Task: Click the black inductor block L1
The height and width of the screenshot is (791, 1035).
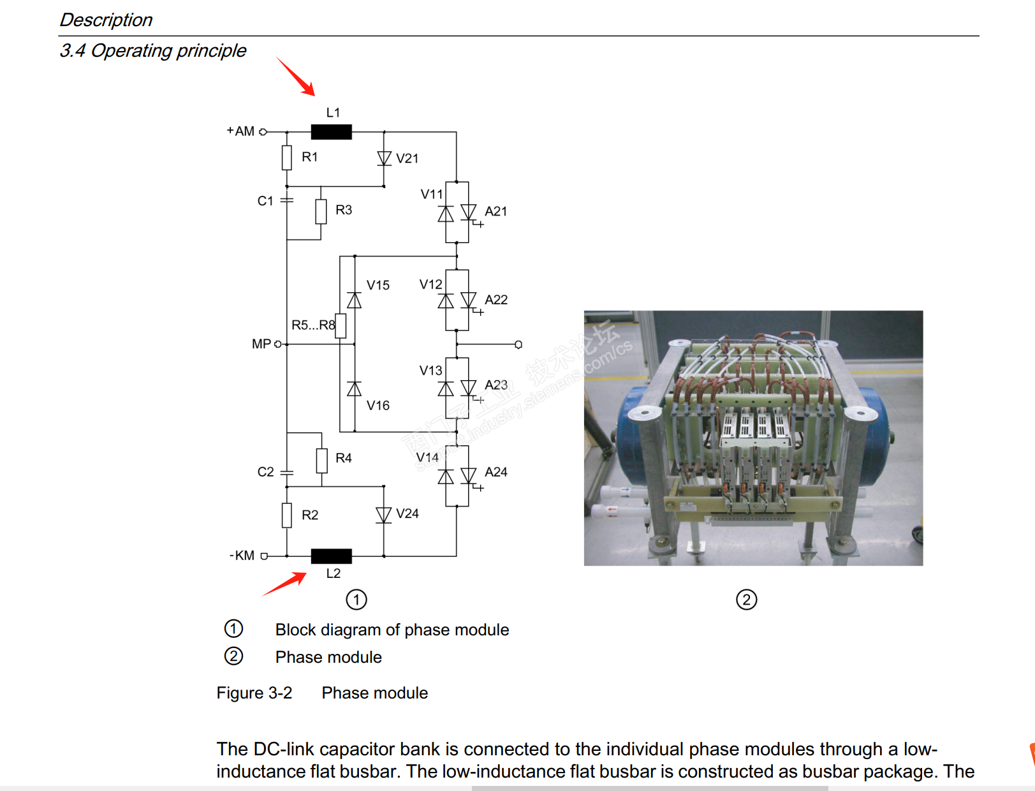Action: point(331,132)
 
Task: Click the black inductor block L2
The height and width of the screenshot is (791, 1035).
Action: point(331,556)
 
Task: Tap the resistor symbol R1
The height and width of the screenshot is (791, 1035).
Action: point(287,158)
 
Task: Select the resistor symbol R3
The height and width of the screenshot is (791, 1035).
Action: point(321,211)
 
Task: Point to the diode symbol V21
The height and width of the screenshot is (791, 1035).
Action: point(384,158)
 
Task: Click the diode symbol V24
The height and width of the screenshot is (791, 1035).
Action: point(383,515)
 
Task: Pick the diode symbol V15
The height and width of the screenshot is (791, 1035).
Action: point(355,300)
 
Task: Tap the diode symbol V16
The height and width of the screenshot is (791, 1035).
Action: point(355,388)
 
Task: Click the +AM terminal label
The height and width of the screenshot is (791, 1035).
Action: point(240,131)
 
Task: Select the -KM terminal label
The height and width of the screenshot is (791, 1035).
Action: point(242,556)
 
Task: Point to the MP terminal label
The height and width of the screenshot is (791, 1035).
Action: point(261,344)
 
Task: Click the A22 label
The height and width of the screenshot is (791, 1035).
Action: point(496,300)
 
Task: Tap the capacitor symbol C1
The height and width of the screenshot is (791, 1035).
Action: point(287,200)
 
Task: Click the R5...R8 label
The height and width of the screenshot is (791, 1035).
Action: point(313,325)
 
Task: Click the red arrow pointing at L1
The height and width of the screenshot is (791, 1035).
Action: point(296,77)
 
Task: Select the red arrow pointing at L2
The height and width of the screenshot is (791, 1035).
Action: point(284,584)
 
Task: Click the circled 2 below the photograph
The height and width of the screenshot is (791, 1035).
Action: point(746,600)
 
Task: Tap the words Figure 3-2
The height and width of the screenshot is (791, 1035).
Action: point(254,693)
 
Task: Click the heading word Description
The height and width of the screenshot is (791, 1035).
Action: point(106,20)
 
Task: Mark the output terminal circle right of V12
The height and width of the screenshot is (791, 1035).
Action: point(518,344)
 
